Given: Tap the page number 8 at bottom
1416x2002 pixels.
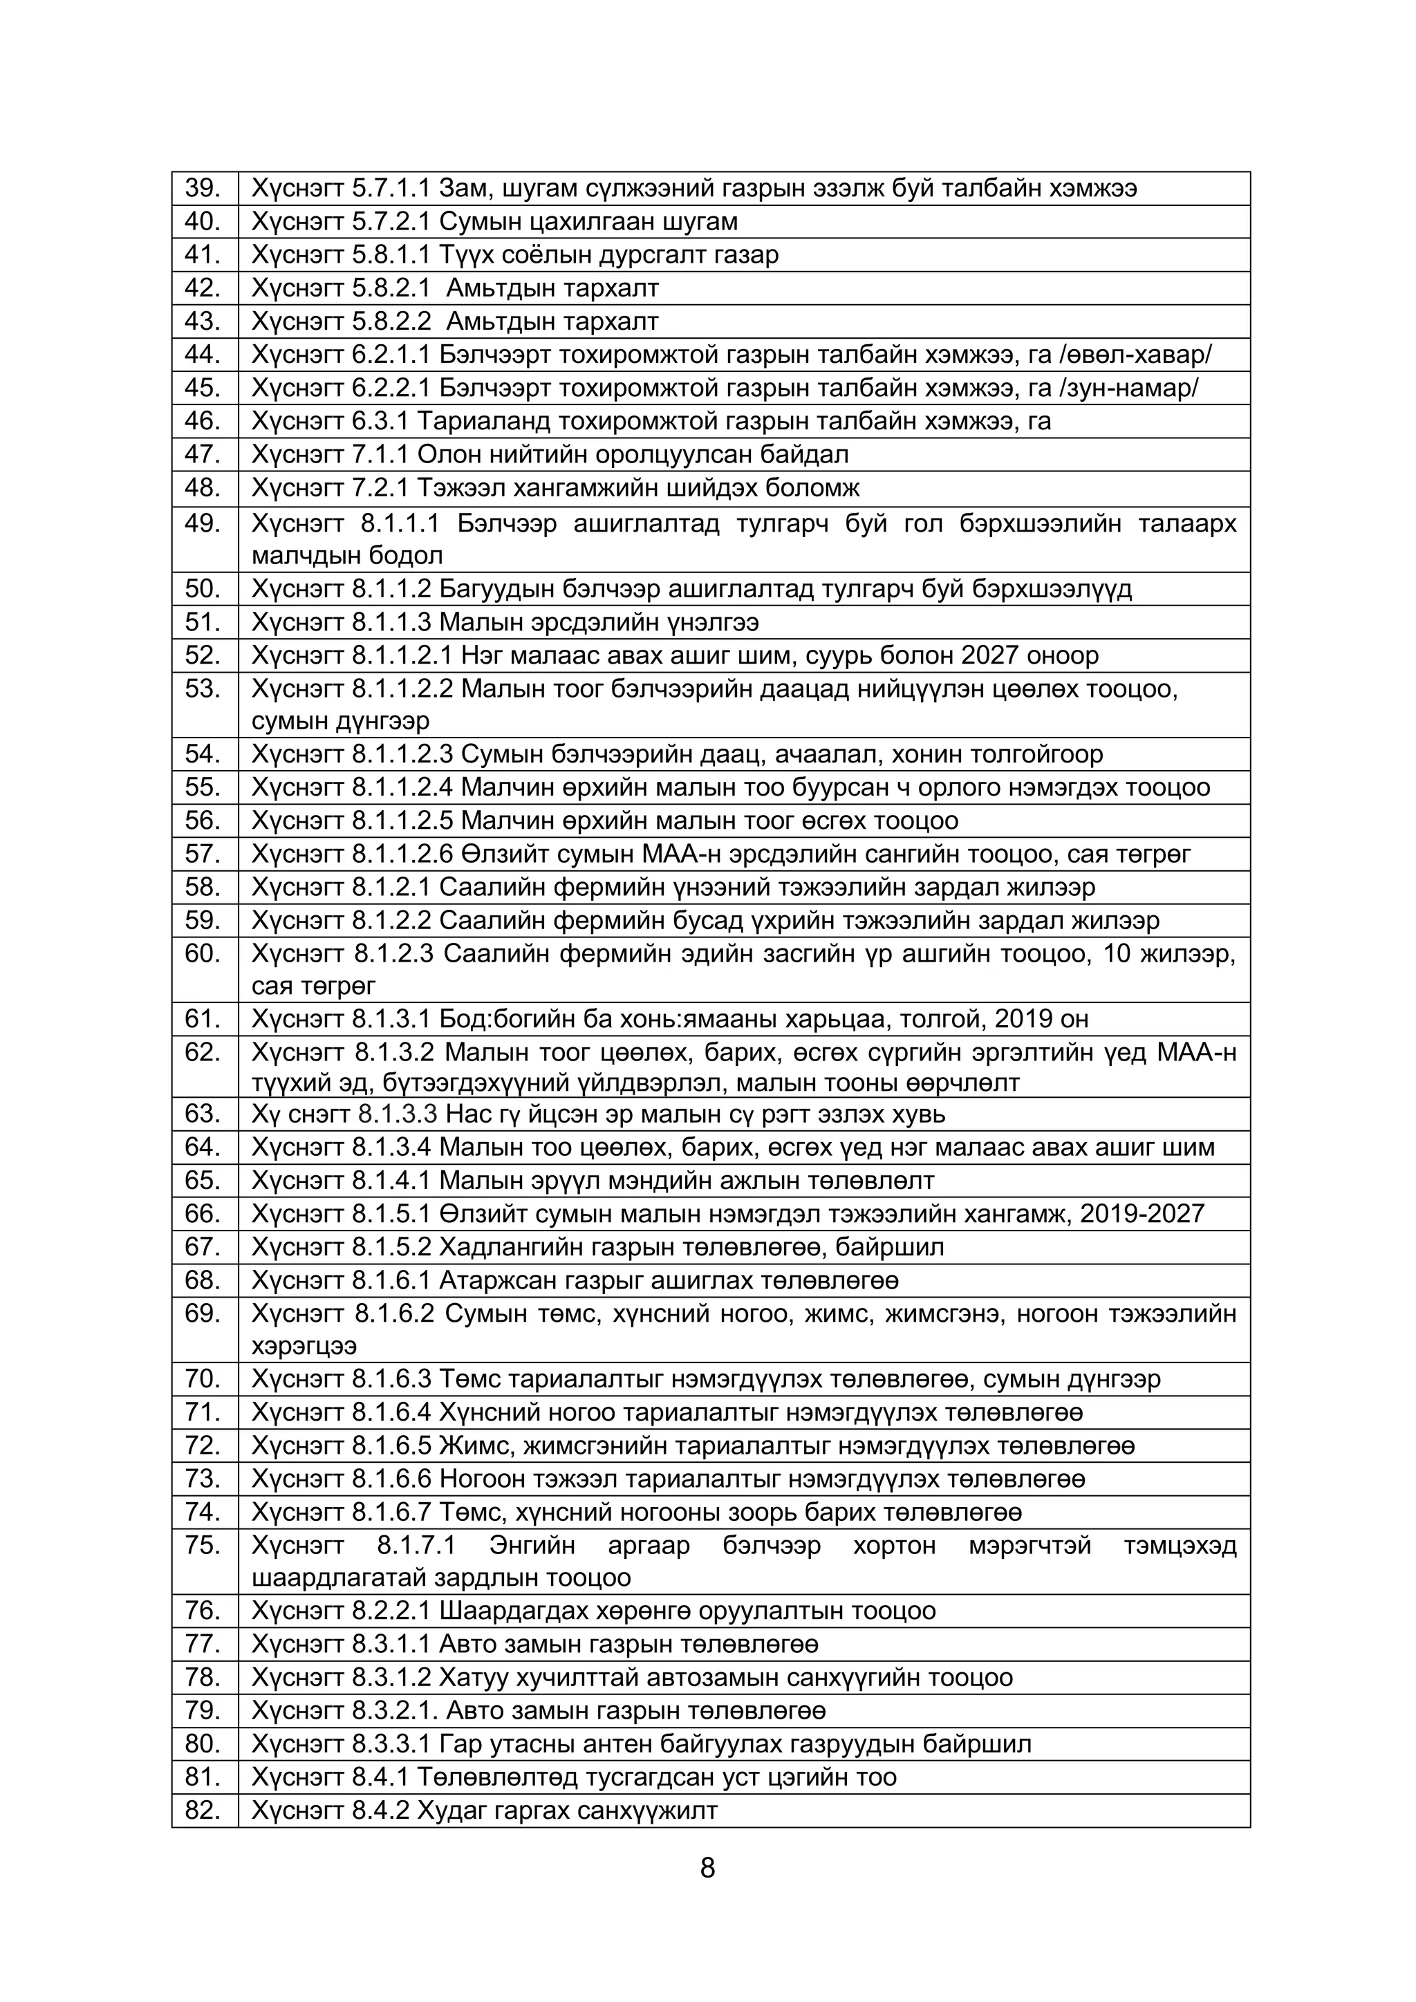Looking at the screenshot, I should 707,1868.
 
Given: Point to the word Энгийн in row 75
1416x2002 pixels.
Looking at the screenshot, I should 532,1546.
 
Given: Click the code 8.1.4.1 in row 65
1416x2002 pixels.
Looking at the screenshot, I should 391,1181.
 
